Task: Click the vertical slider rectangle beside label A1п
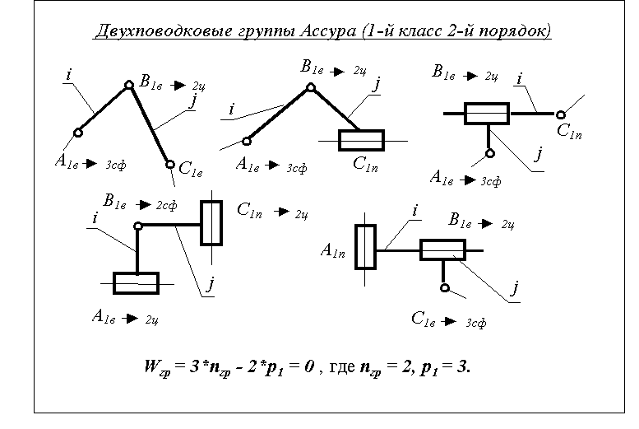(x=365, y=246)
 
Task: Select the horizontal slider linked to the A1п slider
(x=442, y=250)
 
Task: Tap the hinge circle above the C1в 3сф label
(x=445, y=288)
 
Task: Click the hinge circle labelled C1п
(x=561, y=114)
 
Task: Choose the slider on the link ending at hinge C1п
(x=487, y=114)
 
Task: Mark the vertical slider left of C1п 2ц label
(x=211, y=221)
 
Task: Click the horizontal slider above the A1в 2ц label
(x=136, y=282)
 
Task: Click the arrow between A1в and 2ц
(x=129, y=318)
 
